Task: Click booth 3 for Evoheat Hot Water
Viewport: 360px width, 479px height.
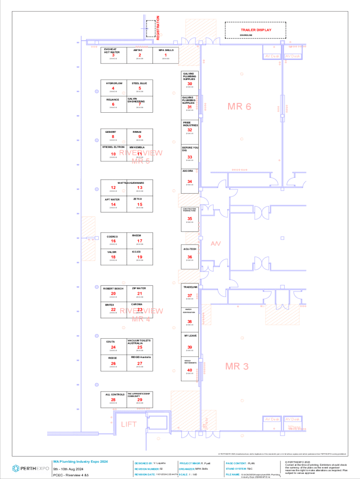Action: coord(113,55)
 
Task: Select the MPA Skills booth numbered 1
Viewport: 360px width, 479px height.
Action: coord(166,55)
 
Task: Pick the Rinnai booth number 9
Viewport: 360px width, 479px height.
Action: coord(140,136)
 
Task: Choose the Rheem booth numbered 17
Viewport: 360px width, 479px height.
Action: coord(140,240)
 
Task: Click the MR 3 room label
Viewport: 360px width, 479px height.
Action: coord(237,366)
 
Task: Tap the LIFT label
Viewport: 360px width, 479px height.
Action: coord(129,424)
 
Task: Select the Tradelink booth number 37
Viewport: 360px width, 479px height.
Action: coord(190,295)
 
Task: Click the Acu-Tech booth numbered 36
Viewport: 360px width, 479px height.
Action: coord(190,256)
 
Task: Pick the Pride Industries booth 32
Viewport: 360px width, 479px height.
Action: coord(190,130)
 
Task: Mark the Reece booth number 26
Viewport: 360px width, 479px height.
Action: coord(113,363)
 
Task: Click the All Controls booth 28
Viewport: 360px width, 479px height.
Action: coord(113,399)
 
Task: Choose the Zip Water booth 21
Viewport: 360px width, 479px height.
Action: coord(140,293)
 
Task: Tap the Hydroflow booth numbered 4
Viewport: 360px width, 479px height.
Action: coord(113,88)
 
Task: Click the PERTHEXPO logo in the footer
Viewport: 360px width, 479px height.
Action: coord(31,468)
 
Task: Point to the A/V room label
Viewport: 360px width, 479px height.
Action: coord(216,244)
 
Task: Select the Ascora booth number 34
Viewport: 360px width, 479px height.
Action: coord(190,181)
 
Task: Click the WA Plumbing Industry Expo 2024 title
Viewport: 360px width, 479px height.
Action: coord(80,462)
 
